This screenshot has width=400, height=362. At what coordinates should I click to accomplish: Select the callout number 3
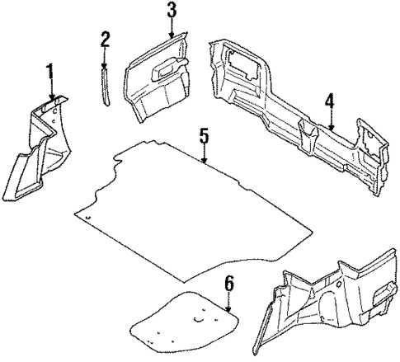click(x=171, y=11)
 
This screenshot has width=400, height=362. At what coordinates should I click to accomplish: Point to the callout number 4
click(x=330, y=101)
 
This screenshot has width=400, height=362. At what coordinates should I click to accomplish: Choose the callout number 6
click(x=229, y=284)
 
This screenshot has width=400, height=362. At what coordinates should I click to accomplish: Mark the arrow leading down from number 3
click(x=171, y=30)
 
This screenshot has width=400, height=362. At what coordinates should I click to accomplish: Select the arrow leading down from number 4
click(x=330, y=121)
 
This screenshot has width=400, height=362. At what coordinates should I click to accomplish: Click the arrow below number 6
click(x=229, y=303)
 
